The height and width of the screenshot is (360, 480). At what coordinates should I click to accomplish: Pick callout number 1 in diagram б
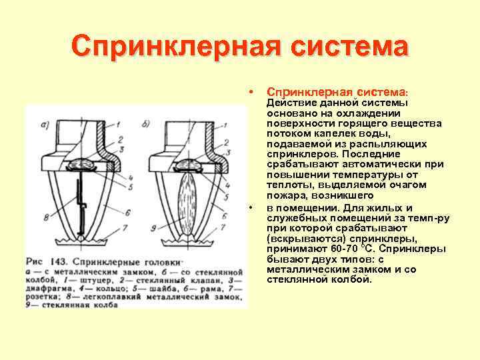pos(228,125)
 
